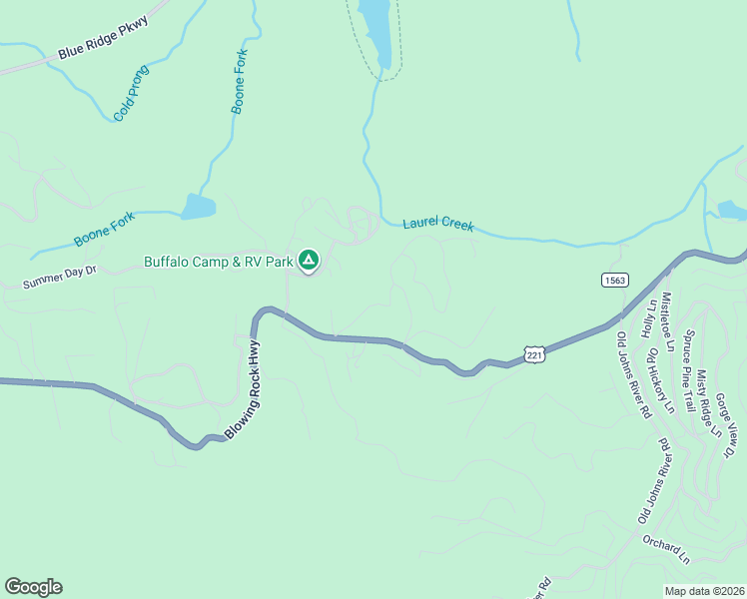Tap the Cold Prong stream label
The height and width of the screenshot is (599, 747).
pos(131,93)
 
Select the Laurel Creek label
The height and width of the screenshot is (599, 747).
pos(437,226)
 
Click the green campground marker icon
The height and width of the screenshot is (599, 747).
pos(309,262)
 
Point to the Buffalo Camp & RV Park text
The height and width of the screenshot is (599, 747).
pos(219,263)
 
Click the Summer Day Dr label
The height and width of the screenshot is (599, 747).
pos(59,277)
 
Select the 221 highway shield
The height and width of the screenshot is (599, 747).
pos(534,355)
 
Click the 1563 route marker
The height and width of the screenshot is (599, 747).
pos(614,281)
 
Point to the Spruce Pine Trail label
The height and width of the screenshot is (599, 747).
pos(687,370)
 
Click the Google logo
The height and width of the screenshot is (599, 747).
pos(33,587)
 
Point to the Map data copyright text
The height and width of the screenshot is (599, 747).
pos(705,591)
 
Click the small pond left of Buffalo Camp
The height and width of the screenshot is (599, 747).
pos(199,207)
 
